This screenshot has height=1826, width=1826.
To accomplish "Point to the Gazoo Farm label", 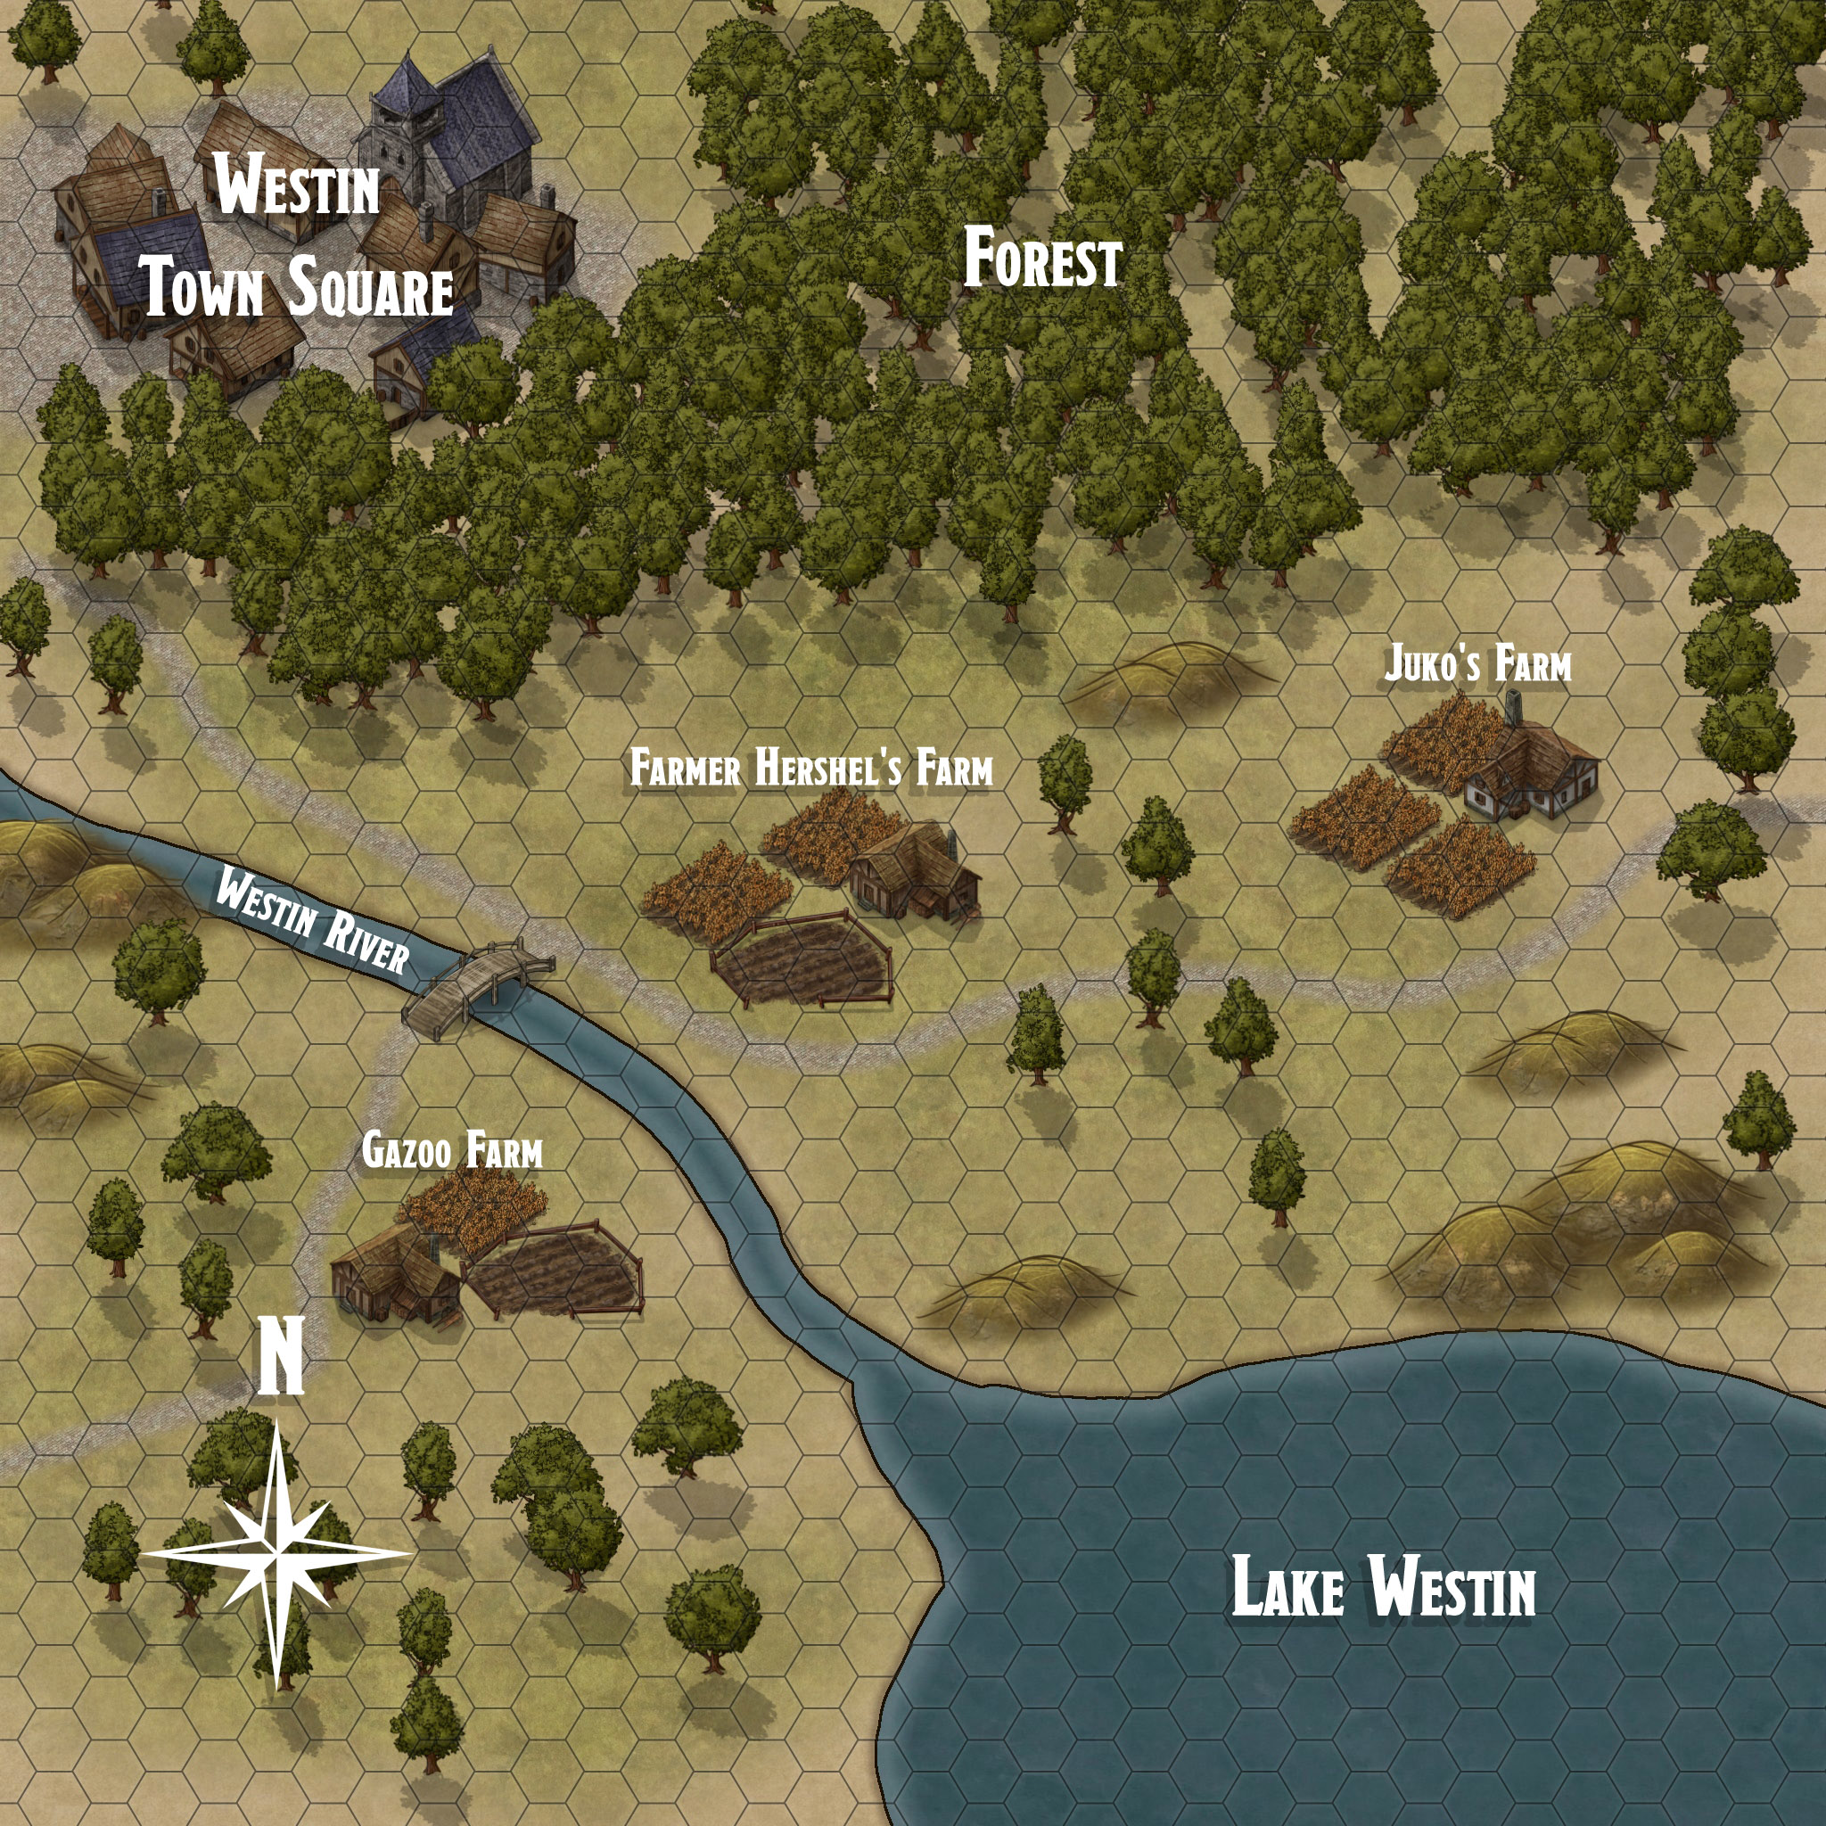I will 452,1152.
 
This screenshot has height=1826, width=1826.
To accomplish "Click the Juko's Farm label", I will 1477,664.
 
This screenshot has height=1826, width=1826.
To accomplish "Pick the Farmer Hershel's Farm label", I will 811,769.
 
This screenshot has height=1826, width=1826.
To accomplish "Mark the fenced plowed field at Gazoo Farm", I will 555,1269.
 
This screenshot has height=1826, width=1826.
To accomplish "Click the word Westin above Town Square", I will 297,188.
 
